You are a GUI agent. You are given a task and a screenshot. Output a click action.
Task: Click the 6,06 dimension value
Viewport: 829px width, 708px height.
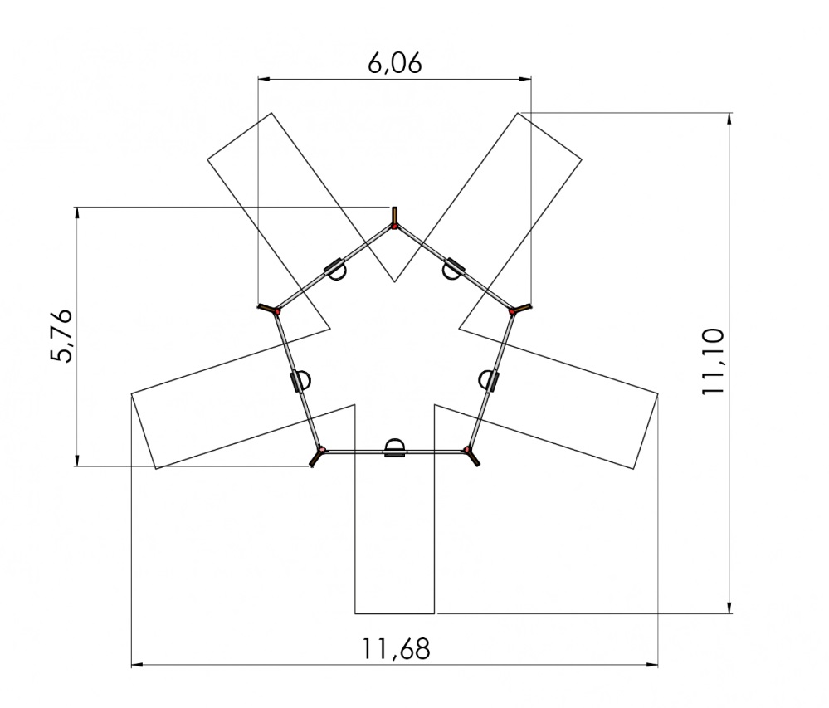(395, 63)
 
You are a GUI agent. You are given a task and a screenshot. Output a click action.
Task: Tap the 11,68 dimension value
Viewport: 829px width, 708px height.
(396, 649)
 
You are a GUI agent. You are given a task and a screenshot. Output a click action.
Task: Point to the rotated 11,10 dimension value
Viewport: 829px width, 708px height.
(713, 361)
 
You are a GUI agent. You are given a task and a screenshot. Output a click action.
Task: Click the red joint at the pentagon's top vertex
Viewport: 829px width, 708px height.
(394, 227)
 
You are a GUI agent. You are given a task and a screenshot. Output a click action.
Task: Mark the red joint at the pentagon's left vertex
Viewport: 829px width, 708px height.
(276, 312)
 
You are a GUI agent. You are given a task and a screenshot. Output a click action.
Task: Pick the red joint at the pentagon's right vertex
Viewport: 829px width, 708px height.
(512, 312)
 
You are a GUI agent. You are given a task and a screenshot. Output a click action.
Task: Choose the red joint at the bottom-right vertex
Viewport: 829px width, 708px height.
(467, 450)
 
